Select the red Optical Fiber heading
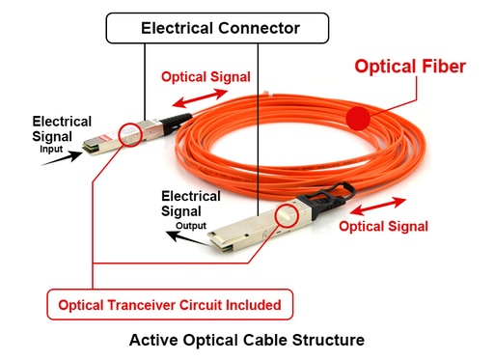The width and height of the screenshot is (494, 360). pyautogui.click(x=410, y=67)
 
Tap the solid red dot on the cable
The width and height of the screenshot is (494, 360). pyautogui.click(x=359, y=120)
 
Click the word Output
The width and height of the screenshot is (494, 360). pyautogui.click(x=191, y=226)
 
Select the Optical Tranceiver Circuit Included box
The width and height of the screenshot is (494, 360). pyautogui.click(x=170, y=305)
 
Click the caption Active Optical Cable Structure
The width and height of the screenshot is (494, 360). pyautogui.click(x=247, y=340)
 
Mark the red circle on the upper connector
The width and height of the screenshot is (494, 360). pyautogui.click(x=129, y=133)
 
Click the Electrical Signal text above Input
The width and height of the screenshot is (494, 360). pyautogui.click(x=62, y=129)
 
